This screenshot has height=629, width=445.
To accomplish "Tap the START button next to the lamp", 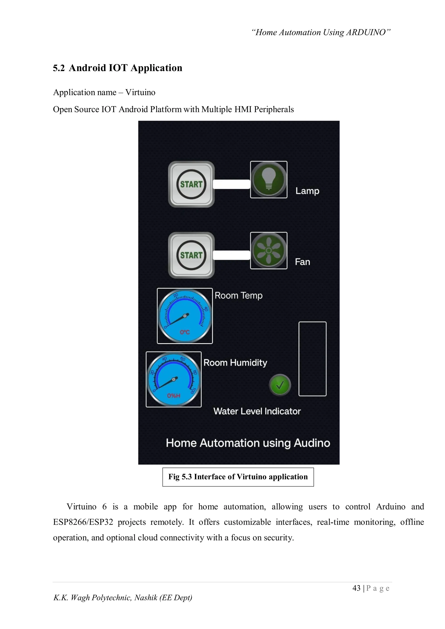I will pos(191,184).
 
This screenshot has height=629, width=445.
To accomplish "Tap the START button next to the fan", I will pos(191,255).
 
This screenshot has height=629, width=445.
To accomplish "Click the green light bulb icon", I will pos(269,180).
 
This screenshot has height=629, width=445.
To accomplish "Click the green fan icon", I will pos(269,251).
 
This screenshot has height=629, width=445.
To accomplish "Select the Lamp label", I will pos(307,191).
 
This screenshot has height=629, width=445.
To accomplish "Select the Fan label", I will pos(302,262).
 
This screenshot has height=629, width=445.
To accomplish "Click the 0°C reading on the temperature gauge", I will pos(185,332).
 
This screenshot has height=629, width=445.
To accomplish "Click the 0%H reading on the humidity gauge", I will pos(173,396).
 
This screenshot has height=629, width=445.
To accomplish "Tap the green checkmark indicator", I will pos(280,385).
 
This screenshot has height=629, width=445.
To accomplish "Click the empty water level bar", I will pos(312,359).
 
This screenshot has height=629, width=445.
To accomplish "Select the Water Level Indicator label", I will pos(257,411).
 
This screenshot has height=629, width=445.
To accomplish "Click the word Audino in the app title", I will pos(312,443).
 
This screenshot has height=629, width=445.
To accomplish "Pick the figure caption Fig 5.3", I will pos(238,477).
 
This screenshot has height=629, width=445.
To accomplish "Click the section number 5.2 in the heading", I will pos(59,68).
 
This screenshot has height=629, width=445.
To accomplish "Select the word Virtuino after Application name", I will pos(140,92).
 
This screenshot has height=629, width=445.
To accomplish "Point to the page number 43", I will pos(356,588).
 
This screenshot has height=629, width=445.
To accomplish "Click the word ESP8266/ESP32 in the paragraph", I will pos(83,522).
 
